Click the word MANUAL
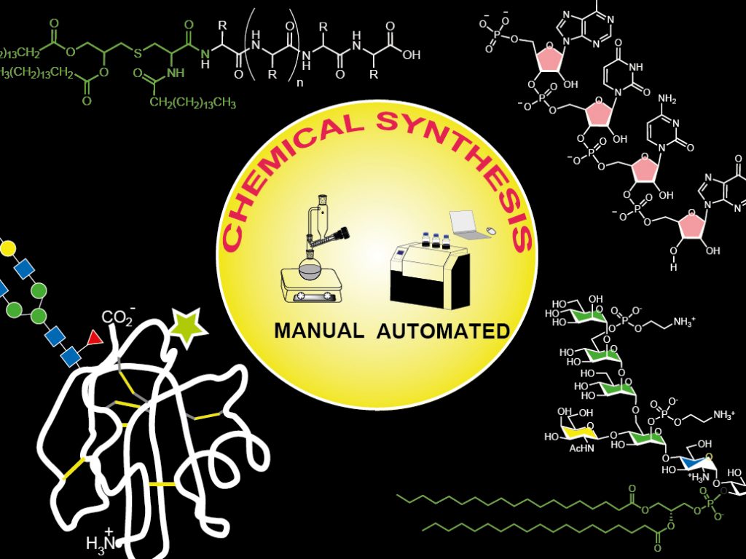click(x=318, y=330)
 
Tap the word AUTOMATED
click(x=443, y=332)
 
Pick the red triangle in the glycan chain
click(x=93, y=338)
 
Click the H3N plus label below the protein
click(x=102, y=542)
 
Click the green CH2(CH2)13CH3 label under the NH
click(x=192, y=103)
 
